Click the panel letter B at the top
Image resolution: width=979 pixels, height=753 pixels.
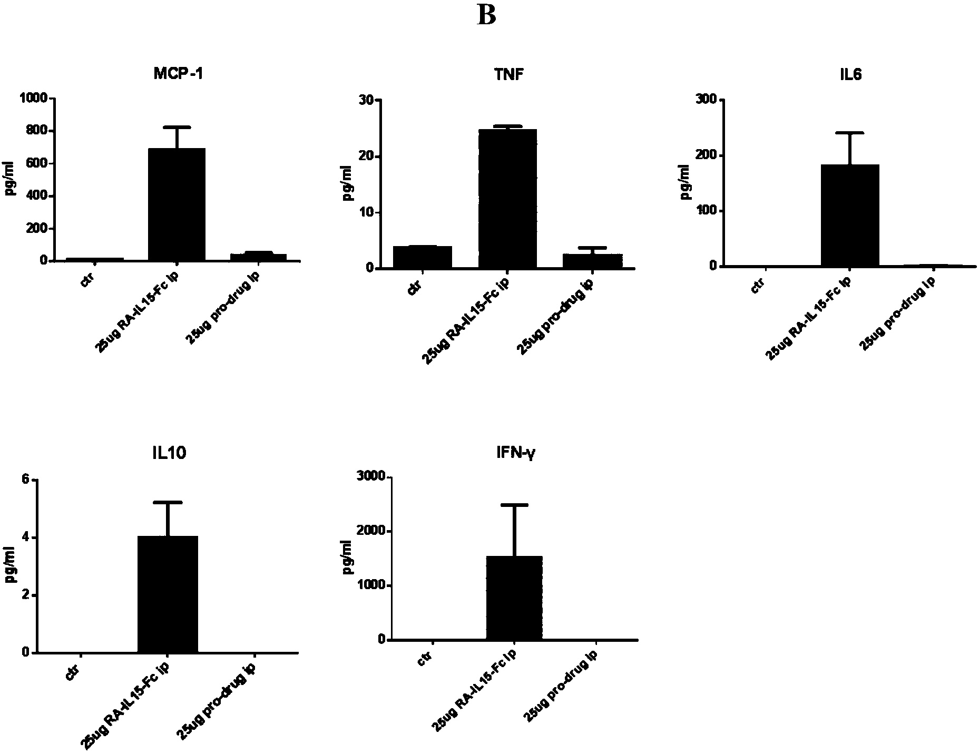pyautogui.click(x=486, y=15)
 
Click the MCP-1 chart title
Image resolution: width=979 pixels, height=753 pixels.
pyautogui.click(x=178, y=74)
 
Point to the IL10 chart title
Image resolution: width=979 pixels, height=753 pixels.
pyautogui.click(x=167, y=453)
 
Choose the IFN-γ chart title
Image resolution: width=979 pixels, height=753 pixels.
pyautogui.click(x=514, y=453)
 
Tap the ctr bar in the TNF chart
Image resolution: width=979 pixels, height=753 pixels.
pyautogui.click(x=423, y=257)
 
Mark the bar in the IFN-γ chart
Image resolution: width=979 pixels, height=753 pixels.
pyautogui.click(x=514, y=598)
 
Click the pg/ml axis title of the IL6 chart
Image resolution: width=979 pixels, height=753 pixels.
pyautogui.click(x=686, y=182)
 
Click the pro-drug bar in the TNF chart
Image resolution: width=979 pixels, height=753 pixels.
pyautogui.click(x=593, y=261)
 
